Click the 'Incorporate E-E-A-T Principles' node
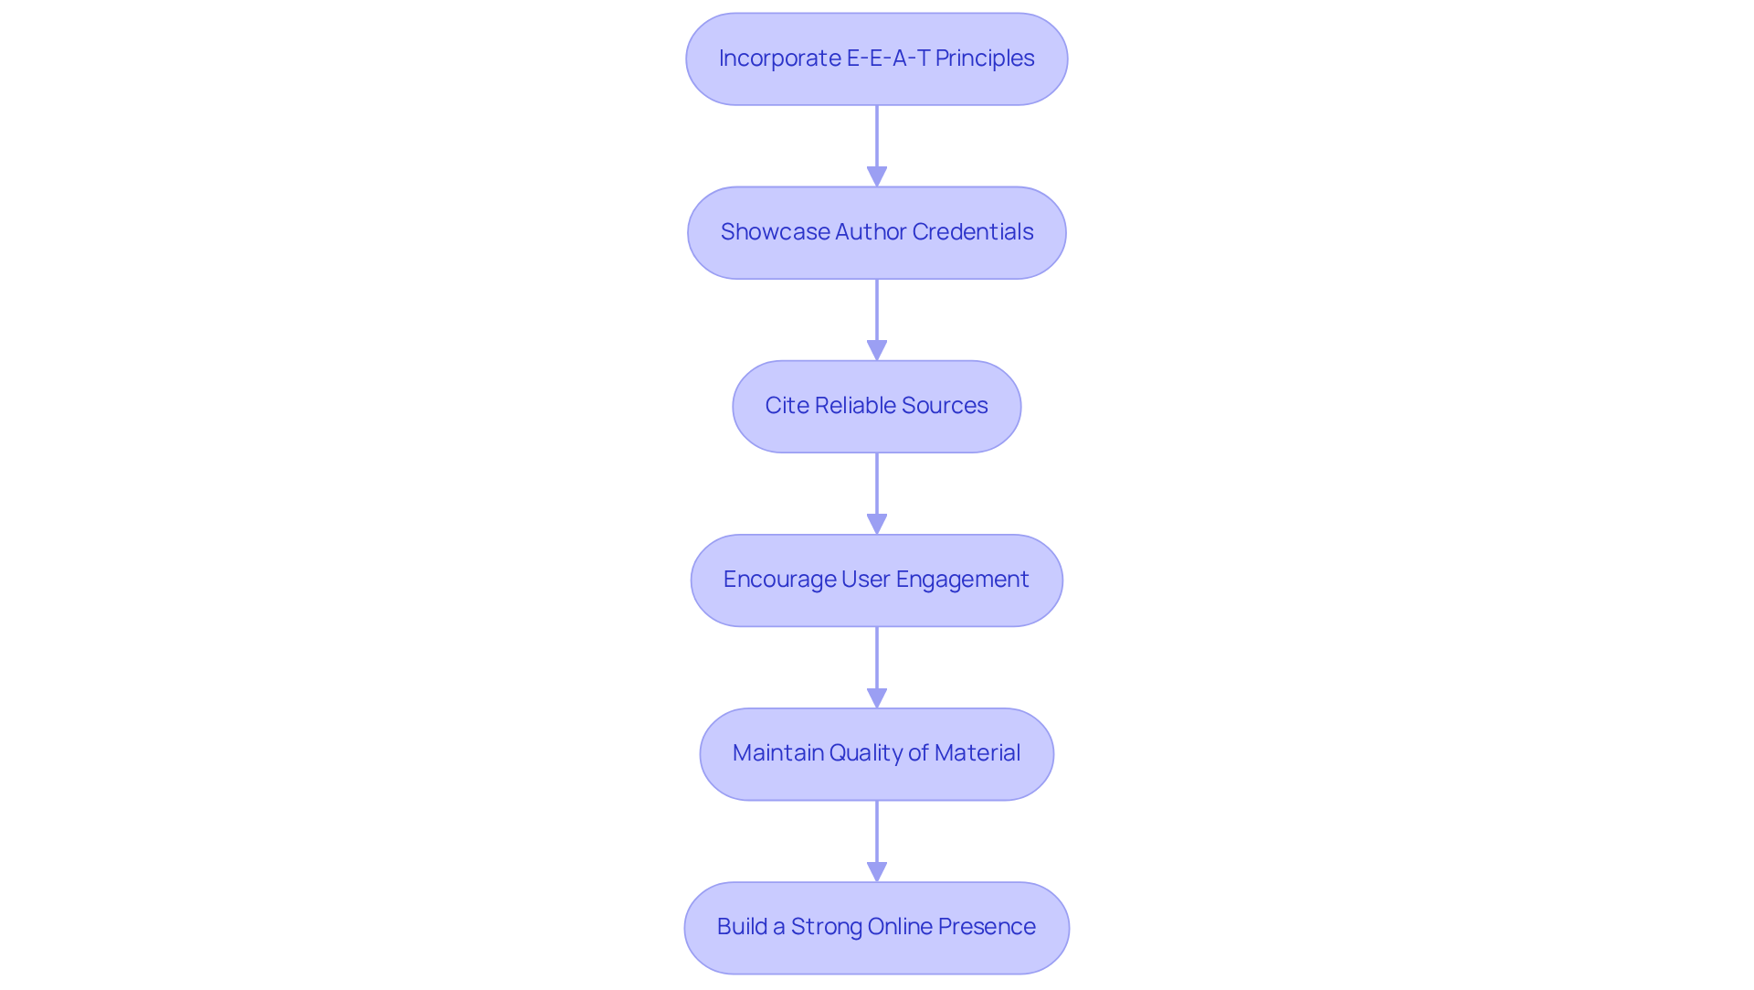click(x=876, y=59)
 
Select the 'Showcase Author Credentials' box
click(x=876, y=232)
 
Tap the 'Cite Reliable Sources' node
click(x=876, y=406)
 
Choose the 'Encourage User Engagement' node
click(x=876, y=580)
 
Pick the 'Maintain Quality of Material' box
click(x=876, y=753)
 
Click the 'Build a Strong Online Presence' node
click(x=876, y=927)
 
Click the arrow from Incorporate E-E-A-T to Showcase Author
click(x=877, y=137)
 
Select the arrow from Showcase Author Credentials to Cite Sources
click(x=877, y=311)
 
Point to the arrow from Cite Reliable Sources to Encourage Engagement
click(x=877, y=484)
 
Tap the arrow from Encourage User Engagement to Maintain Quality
click(x=877, y=658)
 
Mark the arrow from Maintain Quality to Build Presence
click(x=877, y=832)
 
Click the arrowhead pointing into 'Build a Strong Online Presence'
click(x=877, y=871)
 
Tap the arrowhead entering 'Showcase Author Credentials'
click(x=877, y=176)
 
